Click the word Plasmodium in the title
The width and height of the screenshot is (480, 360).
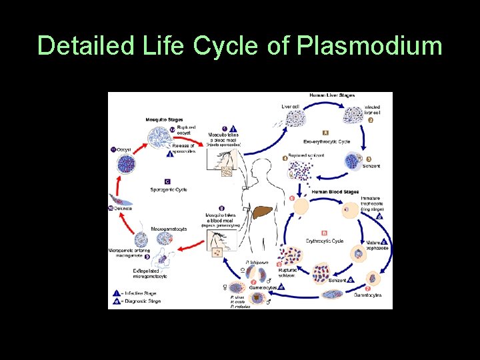[x=369, y=46]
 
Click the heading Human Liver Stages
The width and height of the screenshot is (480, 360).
[x=332, y=95]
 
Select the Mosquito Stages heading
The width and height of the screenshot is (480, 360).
[x=165, y=119]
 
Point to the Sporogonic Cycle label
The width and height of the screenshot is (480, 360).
[x=169, y=189]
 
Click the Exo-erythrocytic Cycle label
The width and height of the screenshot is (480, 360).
[x=327, y=141]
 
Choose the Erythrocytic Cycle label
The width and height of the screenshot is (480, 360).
[x=325, y=241]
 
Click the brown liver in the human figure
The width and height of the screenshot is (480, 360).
[x=265, y=213]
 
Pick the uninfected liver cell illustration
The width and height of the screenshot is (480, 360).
[x=295, y=118]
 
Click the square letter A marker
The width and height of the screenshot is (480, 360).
[x=325, y=132]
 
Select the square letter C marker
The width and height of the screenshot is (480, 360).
[x=167, y=181]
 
